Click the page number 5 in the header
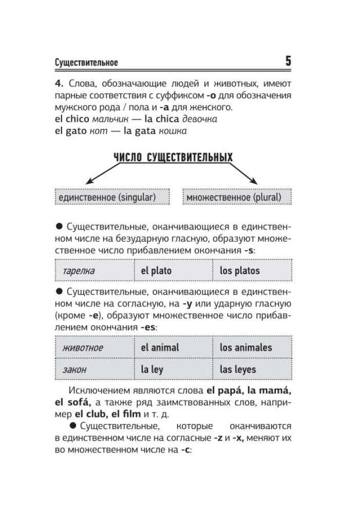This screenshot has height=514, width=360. click(288, 62)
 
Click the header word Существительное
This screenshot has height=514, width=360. click(86, 63)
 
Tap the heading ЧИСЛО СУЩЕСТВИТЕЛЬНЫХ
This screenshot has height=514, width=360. click(173, 157)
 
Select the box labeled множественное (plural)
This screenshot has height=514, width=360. click(237, 197)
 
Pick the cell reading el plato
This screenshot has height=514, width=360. click(173, 271)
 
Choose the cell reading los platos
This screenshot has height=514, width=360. click(252, 271)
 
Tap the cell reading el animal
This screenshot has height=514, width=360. click(173, 347)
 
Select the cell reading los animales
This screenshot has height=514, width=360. click(252, 347)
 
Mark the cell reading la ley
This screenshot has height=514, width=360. click(173, 369)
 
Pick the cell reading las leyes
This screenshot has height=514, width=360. click(252, 369)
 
